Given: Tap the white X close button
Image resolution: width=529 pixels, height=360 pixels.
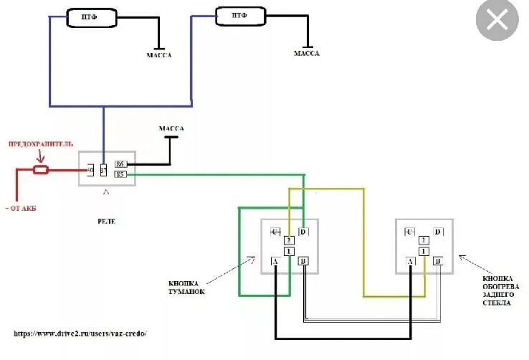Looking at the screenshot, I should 497,22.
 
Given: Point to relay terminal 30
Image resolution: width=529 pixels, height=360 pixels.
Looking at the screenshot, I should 90,171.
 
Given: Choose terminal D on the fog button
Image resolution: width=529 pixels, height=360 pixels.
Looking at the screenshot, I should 303,232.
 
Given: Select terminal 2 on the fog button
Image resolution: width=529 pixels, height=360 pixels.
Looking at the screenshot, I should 289,240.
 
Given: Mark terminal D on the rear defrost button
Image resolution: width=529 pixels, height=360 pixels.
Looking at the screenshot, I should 438,232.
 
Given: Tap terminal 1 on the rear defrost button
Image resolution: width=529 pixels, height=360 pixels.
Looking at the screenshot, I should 424,251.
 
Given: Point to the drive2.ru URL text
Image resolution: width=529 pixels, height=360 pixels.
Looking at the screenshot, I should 84,333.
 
